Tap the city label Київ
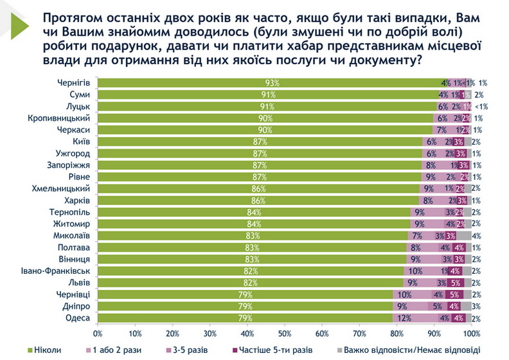(80, 141)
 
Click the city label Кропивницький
(62, 118)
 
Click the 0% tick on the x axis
(98, 334)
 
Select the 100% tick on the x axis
(471, 334)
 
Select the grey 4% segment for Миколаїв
(464, 235)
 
